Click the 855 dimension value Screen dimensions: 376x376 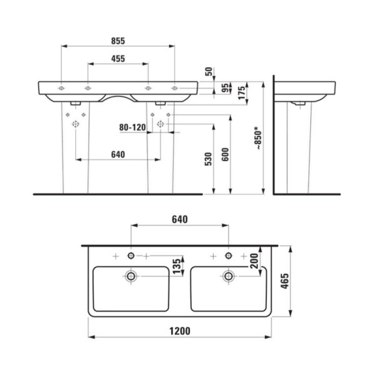point(118,41)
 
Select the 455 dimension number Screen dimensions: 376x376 point(118,59)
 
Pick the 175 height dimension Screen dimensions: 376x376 point(241,92)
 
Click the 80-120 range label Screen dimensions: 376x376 point(133,126)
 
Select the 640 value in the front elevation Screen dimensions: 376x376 point(117,155)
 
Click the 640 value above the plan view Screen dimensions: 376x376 point(180,219)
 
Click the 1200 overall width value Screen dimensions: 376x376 point(180,331)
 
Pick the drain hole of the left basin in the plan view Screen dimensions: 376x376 point(131,275)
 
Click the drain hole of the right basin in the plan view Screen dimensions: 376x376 point(228,275)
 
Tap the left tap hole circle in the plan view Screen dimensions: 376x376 point(131,255)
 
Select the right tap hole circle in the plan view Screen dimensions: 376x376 point(228,255)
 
